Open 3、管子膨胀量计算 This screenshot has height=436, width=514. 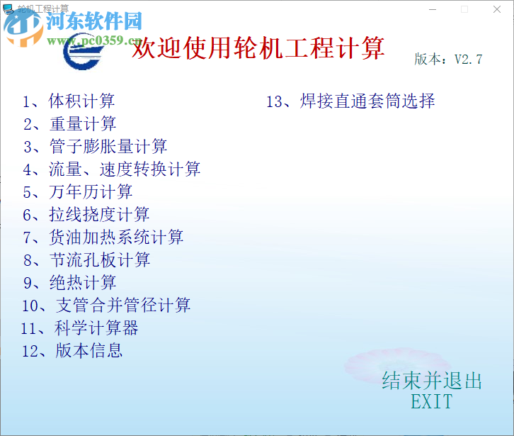coord(95,147)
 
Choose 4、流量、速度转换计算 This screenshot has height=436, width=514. coord(112,169)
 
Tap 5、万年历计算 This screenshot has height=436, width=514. coord(78,192)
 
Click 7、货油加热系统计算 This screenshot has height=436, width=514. coord(103,237)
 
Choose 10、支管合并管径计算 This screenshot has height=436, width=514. coord(106,306)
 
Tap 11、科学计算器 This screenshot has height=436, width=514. coord(80,328)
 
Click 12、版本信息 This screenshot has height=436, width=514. coord(72,350)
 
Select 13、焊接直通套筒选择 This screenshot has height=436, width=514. coord(350,101)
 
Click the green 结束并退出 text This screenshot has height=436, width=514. coord(432,381)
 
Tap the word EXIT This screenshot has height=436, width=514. coord(431,402)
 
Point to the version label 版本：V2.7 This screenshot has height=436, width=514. coord(448,60)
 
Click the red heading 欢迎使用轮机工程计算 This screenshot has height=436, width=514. coord(259,49)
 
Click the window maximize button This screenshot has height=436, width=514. coord(464,9)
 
